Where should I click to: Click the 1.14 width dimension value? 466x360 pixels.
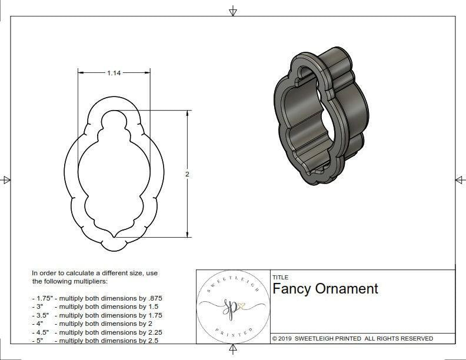(x=114, y=73)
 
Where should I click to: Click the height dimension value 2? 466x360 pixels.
(x=187, y=174)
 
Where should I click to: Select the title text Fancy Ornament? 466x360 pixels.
(x=325, y=289)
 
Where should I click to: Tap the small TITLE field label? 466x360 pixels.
(x=281, y=278)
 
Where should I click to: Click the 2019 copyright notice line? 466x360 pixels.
(x=352, y=338)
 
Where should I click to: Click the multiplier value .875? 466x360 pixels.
(x=153, y=298)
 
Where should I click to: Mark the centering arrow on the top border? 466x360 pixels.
(x=233, y=11)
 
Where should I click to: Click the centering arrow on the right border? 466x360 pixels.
(x=460, y=180)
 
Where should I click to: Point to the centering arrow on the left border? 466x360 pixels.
(x=6, y=180)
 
